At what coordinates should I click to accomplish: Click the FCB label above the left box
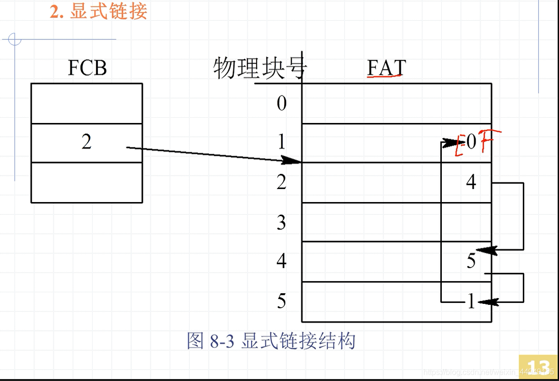click(87, 68)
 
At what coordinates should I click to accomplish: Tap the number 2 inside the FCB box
click(86, 142)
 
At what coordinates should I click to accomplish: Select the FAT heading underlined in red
click(386, 68)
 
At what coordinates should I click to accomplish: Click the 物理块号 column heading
click(259, 68)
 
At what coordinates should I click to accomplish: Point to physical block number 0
click(282, 103)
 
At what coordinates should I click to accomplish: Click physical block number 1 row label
click(282, 142)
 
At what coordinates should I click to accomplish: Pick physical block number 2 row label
click(282, 182)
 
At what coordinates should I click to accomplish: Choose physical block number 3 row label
click(282, 222)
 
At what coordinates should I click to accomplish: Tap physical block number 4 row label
click(282, 261)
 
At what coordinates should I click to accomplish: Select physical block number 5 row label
click(282, 301)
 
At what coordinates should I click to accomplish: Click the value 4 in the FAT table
click(471, 182)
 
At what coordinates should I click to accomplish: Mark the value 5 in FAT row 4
click(471, 261)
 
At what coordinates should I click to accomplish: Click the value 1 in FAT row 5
click(471, 302)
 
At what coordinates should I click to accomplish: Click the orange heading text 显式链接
click(109, 12)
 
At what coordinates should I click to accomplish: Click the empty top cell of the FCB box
click(86, 103)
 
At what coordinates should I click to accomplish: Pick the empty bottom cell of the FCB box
click(86, 182)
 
